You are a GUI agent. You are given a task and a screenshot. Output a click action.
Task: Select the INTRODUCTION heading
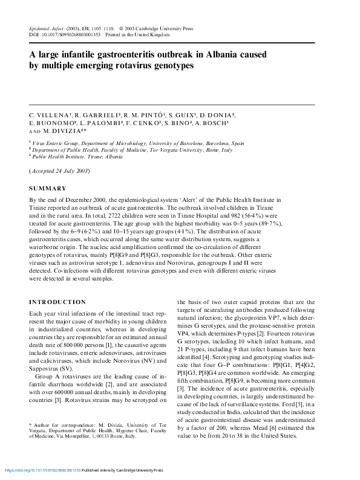click(x=57, y=302)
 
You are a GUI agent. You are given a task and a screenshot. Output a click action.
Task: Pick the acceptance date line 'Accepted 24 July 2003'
click(x=59, y=171)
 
